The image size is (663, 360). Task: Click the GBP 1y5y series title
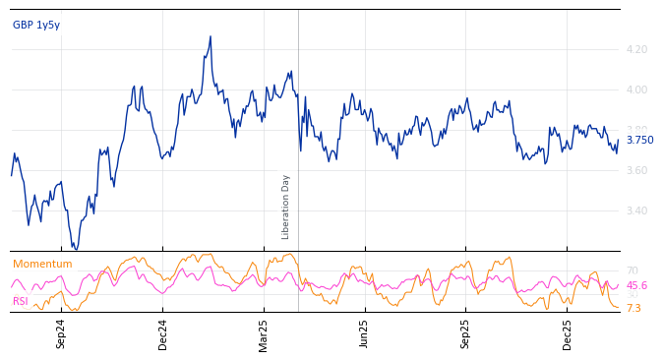click(36, 26)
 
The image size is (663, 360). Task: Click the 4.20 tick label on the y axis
click(636, 49)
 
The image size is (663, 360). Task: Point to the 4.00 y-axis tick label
click(636, 90)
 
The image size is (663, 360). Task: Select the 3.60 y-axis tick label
click(636, 170)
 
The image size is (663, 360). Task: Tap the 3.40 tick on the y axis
click(636, 210)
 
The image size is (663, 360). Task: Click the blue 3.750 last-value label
click(639, 141)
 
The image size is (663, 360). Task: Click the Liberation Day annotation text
click(286, 207)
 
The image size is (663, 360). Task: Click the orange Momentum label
click(42, 265)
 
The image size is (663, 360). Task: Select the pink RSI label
click(21, 302)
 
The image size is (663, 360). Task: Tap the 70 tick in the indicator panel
click(633, 270)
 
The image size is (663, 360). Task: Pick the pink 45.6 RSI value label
click(636, 286)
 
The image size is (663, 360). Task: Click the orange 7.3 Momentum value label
click(633, 309)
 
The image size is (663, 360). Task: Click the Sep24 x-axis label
click(61, 333)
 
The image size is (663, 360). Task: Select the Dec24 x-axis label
click(163, 333)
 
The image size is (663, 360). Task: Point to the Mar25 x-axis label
click(264, 333)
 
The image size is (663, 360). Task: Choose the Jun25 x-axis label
click(365, 333)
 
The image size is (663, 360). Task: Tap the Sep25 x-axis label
click(466, 333)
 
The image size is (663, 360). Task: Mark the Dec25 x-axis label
click(568, 333)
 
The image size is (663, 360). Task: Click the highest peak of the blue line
click(211, 36)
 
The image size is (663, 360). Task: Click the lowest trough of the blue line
click(76, 249)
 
